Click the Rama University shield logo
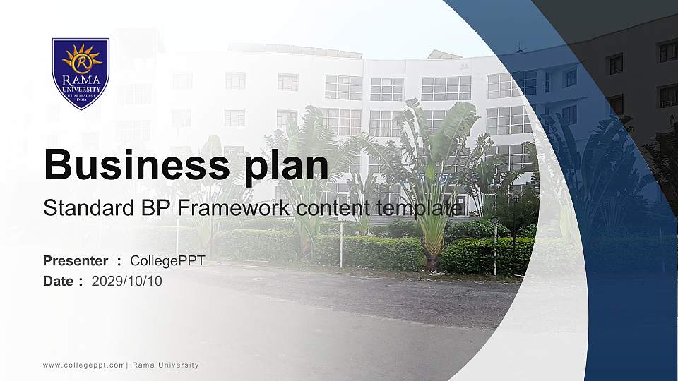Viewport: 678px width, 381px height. pos(81,73)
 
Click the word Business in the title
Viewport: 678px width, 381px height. pos(136,164)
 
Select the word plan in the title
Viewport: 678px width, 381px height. pos(287,168)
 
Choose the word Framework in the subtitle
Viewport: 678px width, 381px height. pos(234,207)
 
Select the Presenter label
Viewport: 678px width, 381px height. pos(76,261)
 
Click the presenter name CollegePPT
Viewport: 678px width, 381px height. pos(168,261)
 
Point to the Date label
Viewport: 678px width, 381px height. pos(58,282)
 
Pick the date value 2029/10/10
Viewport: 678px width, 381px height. pos(126,282)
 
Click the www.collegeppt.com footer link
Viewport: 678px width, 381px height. pos(84,365)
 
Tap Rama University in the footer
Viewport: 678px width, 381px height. pos(165,365)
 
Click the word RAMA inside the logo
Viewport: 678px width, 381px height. pos(81,80)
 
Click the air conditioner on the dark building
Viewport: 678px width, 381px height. pos(666,104)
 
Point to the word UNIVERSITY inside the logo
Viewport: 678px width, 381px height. pos(81,90)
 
